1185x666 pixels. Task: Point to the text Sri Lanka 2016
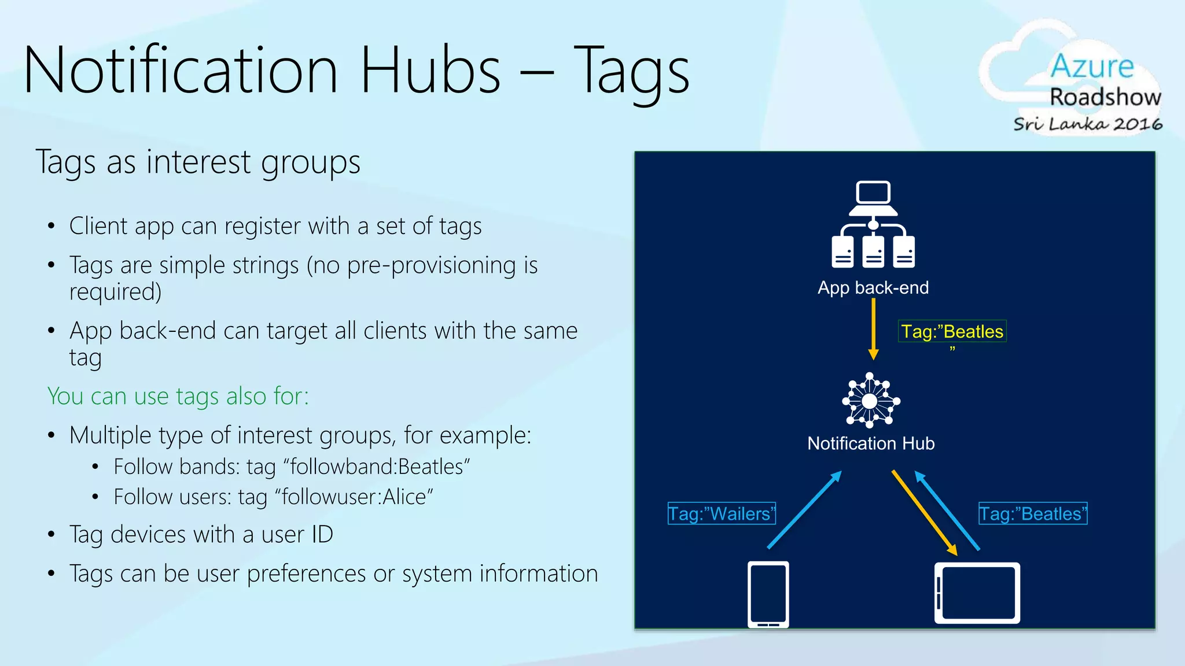coord(1088,124)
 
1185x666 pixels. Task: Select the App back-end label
coord(873,287)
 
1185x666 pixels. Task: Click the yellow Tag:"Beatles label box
coord(952,331)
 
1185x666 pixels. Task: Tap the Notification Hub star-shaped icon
coord(870,401)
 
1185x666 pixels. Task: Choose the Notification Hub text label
coord(871,443)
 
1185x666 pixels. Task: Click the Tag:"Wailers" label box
coord(721,513)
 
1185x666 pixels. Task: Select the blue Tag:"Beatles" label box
coord(1033,513)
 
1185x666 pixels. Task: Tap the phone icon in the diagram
coord(768,594)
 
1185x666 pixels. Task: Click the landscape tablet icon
coord(977,593)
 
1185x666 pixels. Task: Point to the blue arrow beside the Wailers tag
coord(804,509)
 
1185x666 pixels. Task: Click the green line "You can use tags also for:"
coord(178,397)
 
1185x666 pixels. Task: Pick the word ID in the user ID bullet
coord(322,535)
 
